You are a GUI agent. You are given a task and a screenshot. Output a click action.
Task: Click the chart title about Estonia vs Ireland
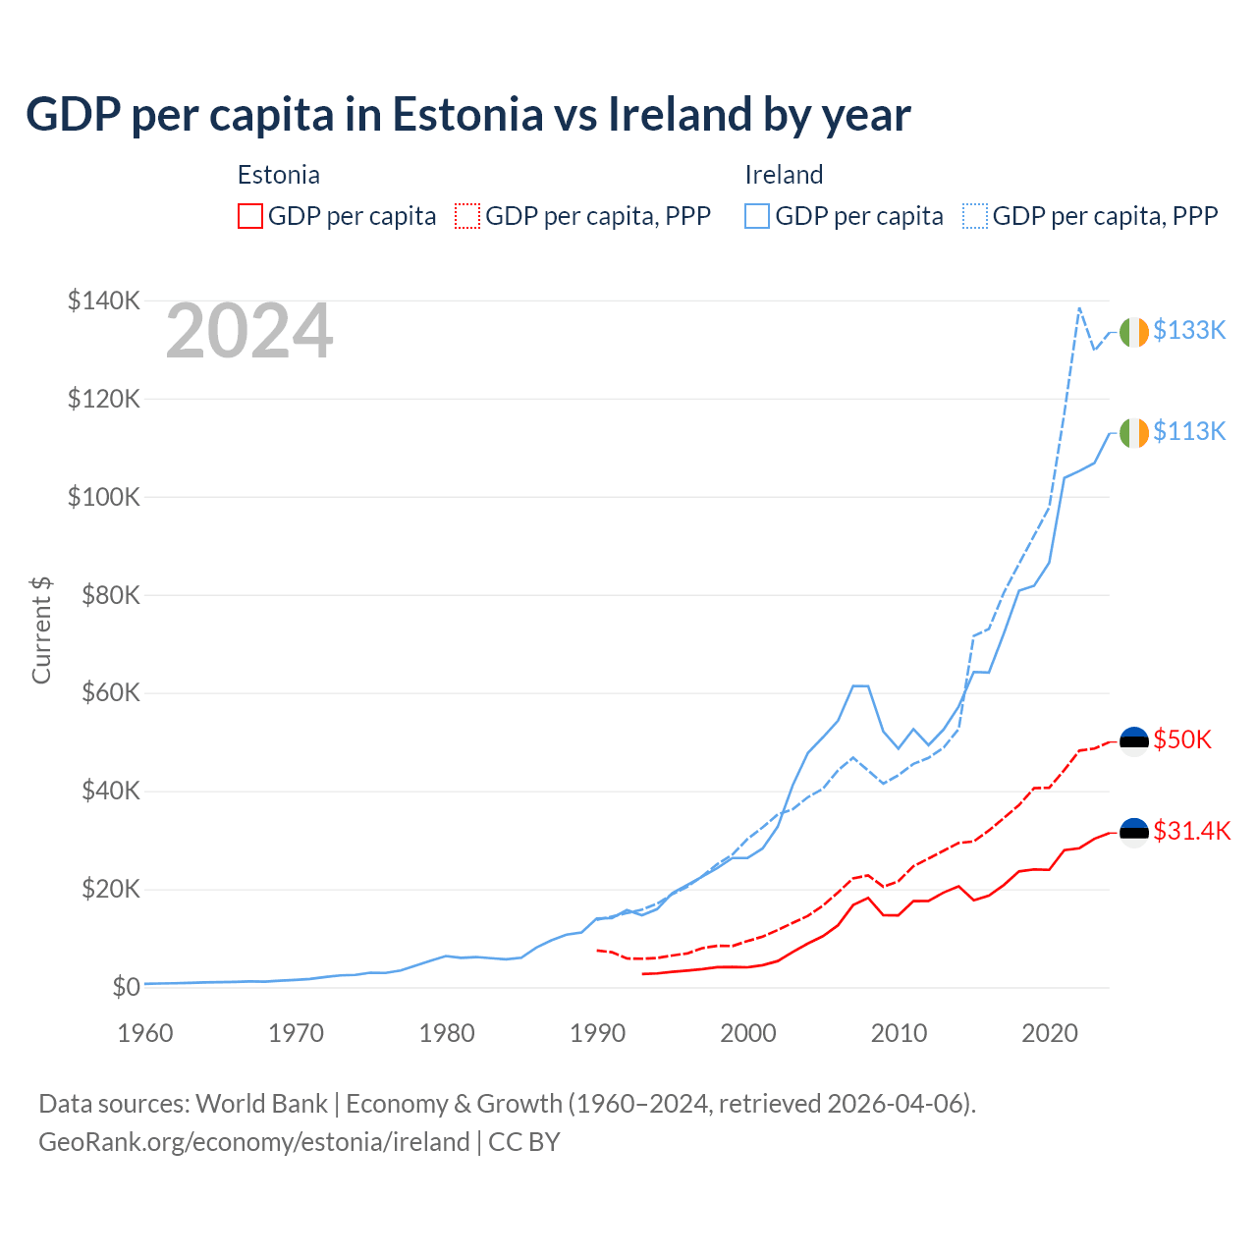pyautogui.click(x=468, y=114)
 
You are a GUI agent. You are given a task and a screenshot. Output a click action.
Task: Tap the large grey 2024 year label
pyautogui.click(x=249, y=332)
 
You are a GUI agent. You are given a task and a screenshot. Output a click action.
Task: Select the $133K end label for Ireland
pyautogui.click(x=1189, y=330)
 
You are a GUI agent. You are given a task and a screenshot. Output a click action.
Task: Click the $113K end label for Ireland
pyautogui.click(x=1189, y=431)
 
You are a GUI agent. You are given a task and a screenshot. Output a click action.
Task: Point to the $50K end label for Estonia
pyautogui.click(x=1182, y=739)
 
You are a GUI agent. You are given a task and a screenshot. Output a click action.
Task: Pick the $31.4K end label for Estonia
pyautogui.click(x=1191, y=831)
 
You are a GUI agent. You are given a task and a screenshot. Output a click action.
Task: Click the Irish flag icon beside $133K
pyautogui.click(x=1134, y=332)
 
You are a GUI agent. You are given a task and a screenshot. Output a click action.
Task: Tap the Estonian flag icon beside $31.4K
pyautogui.click(x=1134, y=832)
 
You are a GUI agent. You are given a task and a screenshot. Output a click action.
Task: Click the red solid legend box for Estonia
pyautogui.click(x=250, y=216)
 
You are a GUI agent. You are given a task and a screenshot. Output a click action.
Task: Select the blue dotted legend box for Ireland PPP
pyautogui.click(x=975, y=216)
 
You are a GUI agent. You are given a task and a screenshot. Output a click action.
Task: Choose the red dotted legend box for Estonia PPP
pyautogui.click(x=467, y=216)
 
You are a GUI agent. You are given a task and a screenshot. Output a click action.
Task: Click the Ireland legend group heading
pyautogui.click(x=784, y=175)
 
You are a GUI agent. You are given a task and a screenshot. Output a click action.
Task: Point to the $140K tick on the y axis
pyautogui.click(x=104, y=301)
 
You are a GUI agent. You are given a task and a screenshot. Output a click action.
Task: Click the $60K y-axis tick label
pyautogui.click(x=104, y=693)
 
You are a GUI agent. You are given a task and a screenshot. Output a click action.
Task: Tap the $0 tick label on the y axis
pyautogui.click(x=126, y=987)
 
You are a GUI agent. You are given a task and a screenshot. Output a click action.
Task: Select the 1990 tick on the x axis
pyautogui.click(x=597, y=1033)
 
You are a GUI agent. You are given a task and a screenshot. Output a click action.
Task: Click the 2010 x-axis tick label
pyautogui.click(x=899, y=1033)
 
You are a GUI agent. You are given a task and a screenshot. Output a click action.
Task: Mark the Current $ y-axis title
pyautogui.click(x=41, y=629)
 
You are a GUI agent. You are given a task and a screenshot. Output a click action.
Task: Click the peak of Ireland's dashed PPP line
pyautogui.click(x=1079, y=307)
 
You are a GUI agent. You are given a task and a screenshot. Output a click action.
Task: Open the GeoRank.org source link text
pyautogui.click(x=254, y=1142)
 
